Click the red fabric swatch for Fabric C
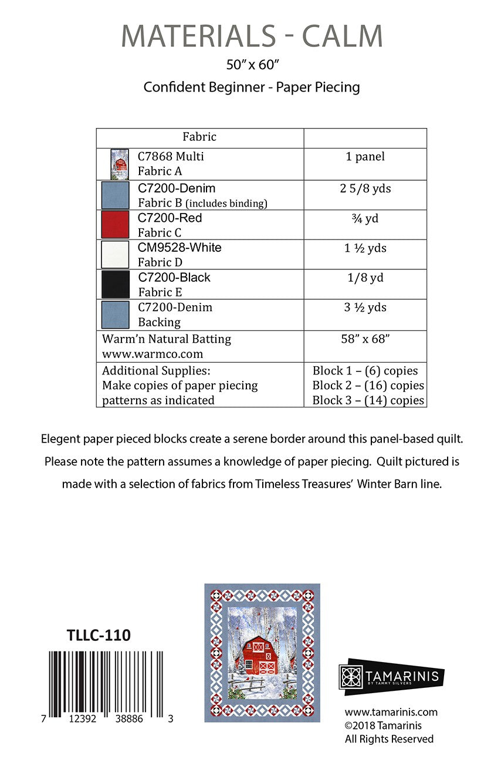[115, 224]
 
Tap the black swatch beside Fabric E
[115, 285]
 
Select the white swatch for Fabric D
[115, 255]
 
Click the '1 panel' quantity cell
[365, 157]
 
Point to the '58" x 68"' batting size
[365, 339]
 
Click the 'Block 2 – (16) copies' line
[368, 386]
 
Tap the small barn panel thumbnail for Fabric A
[120, 164]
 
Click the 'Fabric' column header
[199, 137]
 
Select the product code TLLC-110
[99, 635]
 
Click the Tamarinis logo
[391, 676]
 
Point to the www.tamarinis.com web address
[391, 713]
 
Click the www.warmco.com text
[153, 354]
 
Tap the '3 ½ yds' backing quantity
[365, 308]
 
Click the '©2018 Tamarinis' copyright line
[383, 725]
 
